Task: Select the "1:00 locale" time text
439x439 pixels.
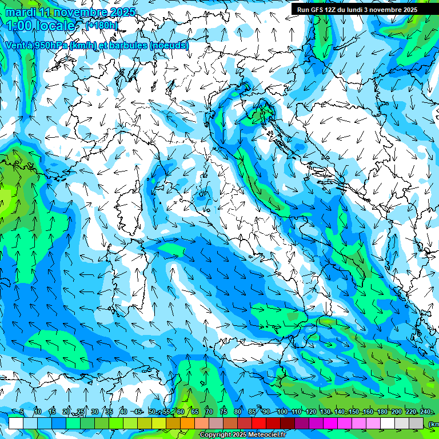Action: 41,26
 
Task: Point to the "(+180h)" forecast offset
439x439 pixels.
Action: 102,26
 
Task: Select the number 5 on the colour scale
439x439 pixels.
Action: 22,412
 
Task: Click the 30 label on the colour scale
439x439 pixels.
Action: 94,412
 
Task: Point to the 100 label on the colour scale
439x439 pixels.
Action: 282,412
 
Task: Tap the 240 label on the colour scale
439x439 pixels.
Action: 425,412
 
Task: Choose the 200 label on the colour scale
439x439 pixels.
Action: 397,412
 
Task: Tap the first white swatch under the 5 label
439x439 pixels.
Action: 15,423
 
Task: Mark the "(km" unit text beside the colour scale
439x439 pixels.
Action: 434,424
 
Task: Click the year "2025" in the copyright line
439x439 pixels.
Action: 236,435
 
